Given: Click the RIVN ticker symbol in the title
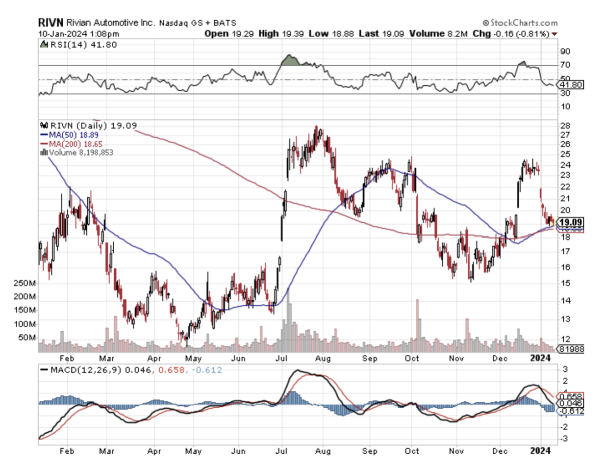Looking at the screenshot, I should [x=49, y=23].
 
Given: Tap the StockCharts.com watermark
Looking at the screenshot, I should [x=520, y=23].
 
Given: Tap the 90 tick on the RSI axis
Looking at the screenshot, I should [x=565, y=51].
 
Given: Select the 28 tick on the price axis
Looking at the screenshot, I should [x=565, y=126].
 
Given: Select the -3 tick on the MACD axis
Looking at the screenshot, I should [x=565, y=438].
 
